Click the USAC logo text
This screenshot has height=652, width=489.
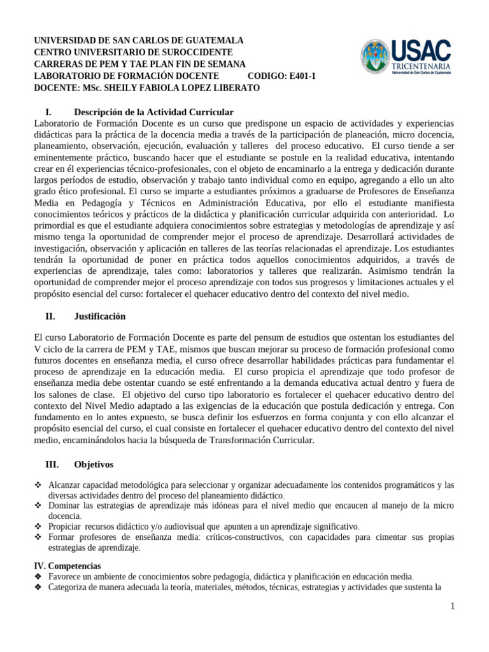click(422, 51)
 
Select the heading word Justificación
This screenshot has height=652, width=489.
click(99, 316)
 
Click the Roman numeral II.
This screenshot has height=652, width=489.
click(50, 316)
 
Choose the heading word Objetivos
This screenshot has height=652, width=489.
click(94, 464)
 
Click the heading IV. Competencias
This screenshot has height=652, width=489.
click(67, 565)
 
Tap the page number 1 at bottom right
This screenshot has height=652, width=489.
click(452, 606)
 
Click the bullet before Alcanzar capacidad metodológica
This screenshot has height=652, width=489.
click(37, 485)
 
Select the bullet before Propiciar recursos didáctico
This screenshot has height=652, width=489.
click(37, 527)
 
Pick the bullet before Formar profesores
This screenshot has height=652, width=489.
click(37, 537)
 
